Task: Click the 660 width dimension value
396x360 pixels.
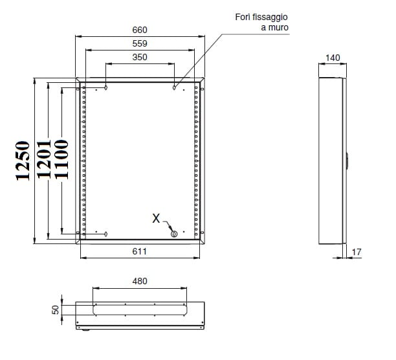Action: pyautogui.click(x=140, y=30)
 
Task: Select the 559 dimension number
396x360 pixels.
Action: pyautogui.click(x=140, y=43)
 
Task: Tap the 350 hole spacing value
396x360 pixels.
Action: pyautogui.click(x=140, y=57)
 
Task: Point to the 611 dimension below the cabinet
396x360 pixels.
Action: pyautogui.click(x=139, y=251)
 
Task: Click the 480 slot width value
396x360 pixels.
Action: pyautogui.click(x=140, y=281)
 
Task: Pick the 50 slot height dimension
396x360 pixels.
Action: pyautogui.click(x=56, y=309)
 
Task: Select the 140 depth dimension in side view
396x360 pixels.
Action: pyautogui.click(x=333, y=58)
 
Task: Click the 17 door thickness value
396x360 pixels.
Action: pyautogui.click(x=357, y=252)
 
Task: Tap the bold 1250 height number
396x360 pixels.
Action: pyautogui.click(x=23, y=161)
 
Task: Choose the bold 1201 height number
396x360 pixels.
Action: pyautogui.click(x=44, y=159)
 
